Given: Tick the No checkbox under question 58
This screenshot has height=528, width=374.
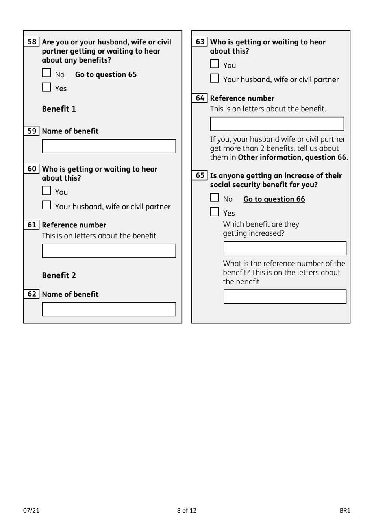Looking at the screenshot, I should [46, 73].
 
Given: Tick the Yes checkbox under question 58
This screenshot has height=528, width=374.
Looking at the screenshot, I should [46, 87].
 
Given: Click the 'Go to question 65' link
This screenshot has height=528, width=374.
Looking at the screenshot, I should [106, 74].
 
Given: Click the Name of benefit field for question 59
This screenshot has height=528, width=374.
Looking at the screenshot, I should [109, 146].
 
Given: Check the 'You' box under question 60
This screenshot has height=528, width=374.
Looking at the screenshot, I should [46, 191].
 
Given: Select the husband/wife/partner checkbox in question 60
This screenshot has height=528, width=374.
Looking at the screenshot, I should [46, 205].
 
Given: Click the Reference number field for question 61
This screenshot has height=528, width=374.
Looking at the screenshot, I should [109, 251].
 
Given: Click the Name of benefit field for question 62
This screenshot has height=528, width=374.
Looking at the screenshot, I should [109, 309].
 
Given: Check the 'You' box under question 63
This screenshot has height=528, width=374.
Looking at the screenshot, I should [215, 64].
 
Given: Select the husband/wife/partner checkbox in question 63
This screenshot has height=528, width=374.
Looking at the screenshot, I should [215, 78].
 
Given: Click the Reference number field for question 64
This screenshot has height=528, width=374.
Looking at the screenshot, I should [277, 124].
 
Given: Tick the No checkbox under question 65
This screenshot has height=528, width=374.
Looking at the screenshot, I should [215, 198].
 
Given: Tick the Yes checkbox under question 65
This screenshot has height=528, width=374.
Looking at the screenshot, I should [215, 212].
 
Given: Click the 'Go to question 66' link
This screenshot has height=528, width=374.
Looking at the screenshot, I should [274, 199].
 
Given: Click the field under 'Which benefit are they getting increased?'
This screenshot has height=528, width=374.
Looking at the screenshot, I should [285, 248].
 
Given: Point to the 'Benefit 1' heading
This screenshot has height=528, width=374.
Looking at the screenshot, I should [59, 109].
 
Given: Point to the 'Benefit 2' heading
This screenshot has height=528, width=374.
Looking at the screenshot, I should [59, 275].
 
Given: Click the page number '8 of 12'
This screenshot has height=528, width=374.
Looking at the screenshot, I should [187, 510].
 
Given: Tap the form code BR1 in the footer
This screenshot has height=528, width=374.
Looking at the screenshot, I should [344, 510].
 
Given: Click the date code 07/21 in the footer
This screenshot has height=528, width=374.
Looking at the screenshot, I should [31, 510].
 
